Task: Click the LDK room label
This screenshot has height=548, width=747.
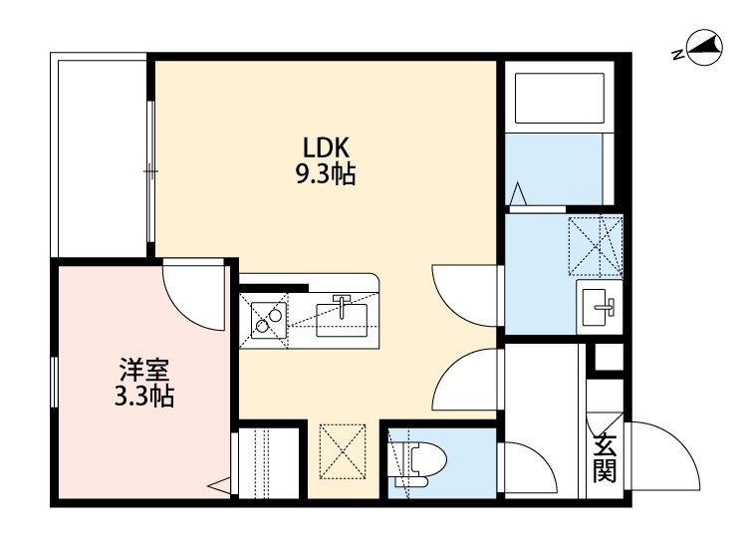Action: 327,147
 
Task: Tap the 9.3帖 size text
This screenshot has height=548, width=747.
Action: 327,174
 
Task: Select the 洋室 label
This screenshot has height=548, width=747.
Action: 143,371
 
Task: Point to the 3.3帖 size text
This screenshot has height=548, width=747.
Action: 143,396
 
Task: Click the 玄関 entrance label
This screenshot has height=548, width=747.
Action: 605,457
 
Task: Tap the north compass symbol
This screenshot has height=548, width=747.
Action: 704,49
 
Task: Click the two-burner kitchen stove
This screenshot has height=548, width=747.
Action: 269,320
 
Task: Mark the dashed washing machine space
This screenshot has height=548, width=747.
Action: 596,246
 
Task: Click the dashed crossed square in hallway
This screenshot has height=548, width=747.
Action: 343,451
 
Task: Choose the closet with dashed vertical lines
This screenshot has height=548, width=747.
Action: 269,463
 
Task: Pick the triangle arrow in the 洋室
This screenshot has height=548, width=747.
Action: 219,486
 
